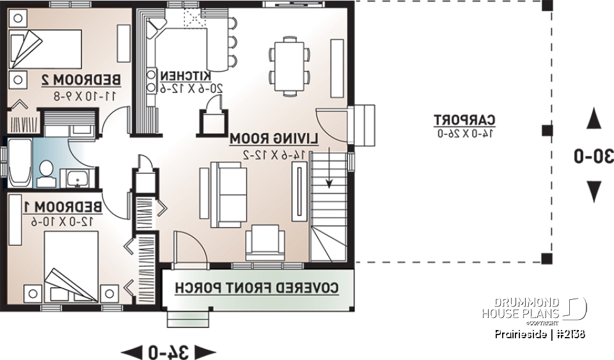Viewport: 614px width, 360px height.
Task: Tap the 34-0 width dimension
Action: (x=168, y=351)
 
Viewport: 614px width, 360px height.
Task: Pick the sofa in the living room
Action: (x=228, y=194)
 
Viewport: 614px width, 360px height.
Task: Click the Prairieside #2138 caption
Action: (x=540, y=334)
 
